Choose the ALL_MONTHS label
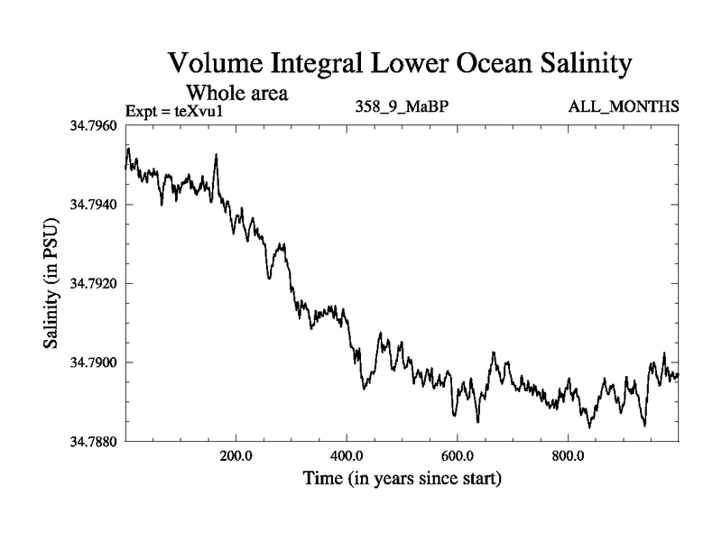pyautogui.click(x=623, y=107)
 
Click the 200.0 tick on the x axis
pyautogui.click(x=236, y=454)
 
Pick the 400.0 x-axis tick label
pyautogui.click(x=347, y=454)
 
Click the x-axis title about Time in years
pyautogui.click(x=402, y=478)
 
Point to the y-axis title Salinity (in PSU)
pyautogui.click(x=51, y=283)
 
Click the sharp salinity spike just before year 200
pyautogui.click(x=217, y=156)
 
